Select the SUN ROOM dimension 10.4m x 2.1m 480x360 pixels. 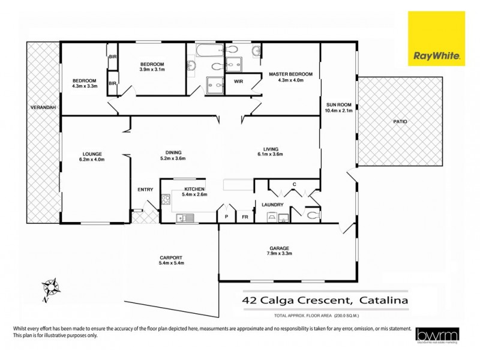pos(338,110)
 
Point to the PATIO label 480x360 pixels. pos(400,121)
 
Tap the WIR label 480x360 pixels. pos(238,81)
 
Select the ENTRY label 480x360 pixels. pos(145,190)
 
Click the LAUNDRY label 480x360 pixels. pos(272,205)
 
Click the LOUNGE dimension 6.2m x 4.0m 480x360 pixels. pos(91,160)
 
